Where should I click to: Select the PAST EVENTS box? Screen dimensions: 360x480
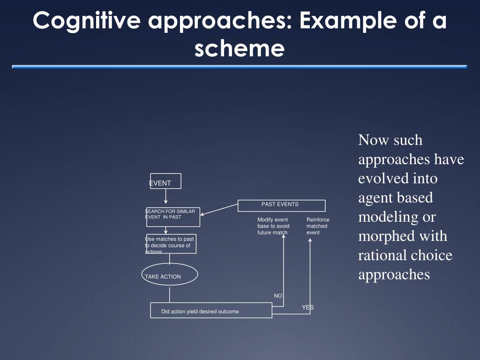click(281, 205)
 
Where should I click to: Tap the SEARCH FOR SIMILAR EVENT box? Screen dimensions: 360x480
click(173, 217)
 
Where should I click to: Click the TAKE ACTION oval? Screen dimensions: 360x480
click(169, 275)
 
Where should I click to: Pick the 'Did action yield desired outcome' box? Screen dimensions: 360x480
click(211, 310)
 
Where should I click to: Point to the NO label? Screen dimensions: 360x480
click(278, 296)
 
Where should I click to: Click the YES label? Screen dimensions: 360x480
click(307, 307)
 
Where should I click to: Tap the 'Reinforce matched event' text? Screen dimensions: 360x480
click(317, 226)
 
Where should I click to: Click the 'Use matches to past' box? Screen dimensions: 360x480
click(171, 244)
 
